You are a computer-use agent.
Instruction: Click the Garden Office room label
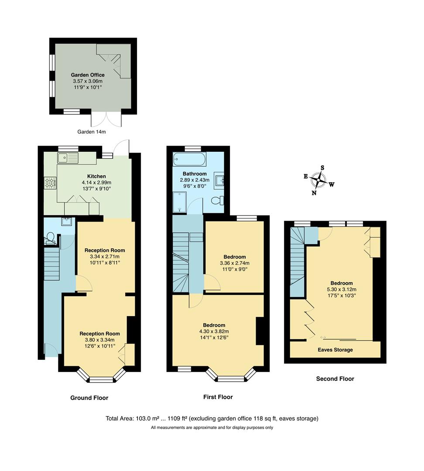pos(88,75)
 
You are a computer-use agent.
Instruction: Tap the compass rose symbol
pos(320,179)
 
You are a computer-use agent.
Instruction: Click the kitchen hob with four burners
pos(50,183)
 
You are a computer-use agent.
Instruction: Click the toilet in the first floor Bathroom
pos(217,201)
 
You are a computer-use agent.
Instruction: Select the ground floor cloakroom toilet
pos(50,238)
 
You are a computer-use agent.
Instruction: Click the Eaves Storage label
pos(335,350)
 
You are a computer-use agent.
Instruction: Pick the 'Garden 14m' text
pos(92,132)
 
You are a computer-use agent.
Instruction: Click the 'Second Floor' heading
pos(335,379)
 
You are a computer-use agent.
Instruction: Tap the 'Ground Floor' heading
pos(89,398)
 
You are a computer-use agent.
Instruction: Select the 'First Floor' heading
pos(218,397)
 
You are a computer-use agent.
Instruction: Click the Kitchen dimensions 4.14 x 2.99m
pos(96,182)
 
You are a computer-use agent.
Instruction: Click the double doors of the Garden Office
pos(106,119)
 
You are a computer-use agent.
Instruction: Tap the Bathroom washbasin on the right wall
pos(219,180)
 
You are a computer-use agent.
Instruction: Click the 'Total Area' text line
pos(212,419)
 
